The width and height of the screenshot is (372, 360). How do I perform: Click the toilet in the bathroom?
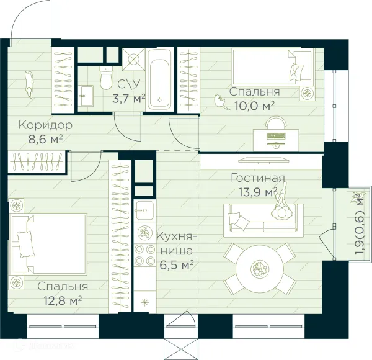point(106,78)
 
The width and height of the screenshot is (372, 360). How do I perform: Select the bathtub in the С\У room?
point(159,79)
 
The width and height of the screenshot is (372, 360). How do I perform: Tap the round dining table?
point(260,269)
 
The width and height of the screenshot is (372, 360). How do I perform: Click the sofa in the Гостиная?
point(263,220)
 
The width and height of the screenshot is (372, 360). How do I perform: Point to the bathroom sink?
point(86,96)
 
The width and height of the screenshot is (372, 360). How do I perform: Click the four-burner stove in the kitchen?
point(144,256)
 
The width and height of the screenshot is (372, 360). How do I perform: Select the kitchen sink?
point(144,210)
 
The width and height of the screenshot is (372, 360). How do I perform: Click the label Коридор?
point(45,125)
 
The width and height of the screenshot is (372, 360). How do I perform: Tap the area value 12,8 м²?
point(63,301)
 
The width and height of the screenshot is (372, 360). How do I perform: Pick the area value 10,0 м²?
point(254,106)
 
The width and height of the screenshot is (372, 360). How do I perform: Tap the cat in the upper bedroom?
point(221,102)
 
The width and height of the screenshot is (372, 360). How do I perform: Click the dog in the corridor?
point(29,84)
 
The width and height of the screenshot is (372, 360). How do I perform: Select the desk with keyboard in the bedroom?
point(276,140)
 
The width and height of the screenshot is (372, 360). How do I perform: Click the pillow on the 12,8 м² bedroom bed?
point(25,245)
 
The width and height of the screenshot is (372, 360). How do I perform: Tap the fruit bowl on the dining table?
point(260,269)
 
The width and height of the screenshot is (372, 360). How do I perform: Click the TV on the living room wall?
point(264,161)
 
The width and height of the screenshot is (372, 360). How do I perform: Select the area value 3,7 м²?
point(128,99)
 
